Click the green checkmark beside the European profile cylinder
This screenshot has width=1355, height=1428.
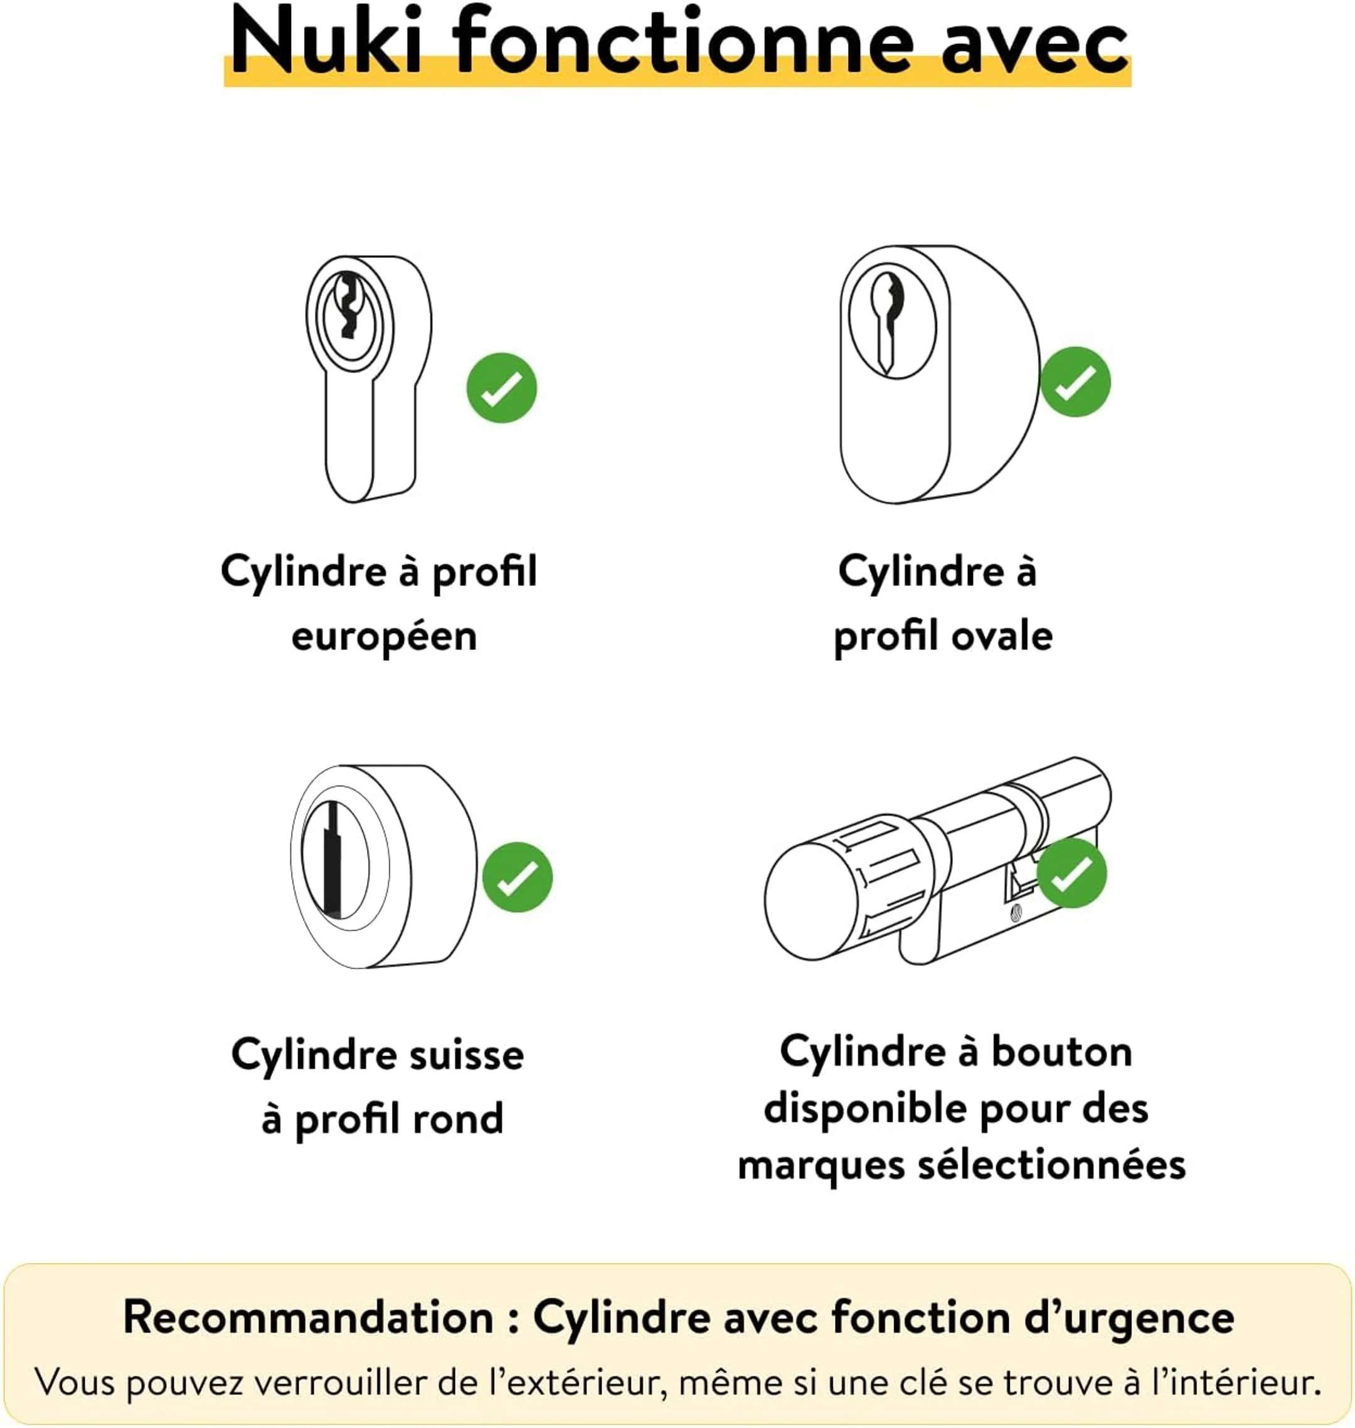click(501, 388)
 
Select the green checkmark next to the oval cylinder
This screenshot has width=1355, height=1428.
click(1075, 381)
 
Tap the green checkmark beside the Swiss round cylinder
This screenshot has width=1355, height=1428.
click(517, 877)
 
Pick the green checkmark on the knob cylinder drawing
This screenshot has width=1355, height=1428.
click(1071, 873)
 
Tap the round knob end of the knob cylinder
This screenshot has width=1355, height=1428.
click(812, 901)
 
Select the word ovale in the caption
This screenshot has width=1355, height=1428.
click(1002, 636)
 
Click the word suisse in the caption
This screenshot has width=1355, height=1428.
click(467, 1055)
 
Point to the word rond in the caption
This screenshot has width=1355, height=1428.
click(459, 1119)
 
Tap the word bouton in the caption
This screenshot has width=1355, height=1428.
click(1061, 1052)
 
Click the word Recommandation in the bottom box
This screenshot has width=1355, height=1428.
click(309, 1317)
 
